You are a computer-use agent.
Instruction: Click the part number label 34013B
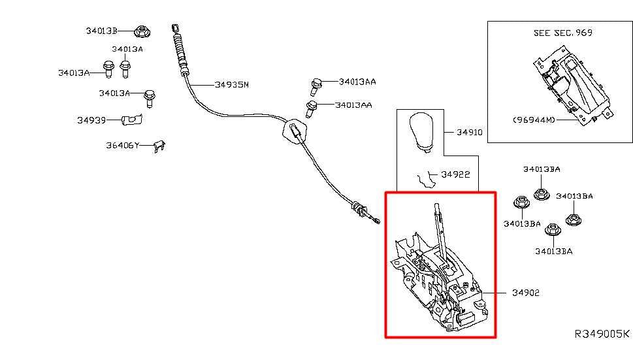tap(101, 31)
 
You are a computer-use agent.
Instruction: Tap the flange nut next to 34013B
tap(142, 31)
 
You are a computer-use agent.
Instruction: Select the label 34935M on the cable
tap(232, 85)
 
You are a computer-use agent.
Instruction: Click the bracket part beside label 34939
tap(131, 120)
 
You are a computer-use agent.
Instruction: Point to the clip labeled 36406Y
tap(159, 146)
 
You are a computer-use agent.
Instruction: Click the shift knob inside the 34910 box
tap(421, 133)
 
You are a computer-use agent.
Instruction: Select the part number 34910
tap(469, 133)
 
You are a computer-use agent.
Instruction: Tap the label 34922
tap(455, 174)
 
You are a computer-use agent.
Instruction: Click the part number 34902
tap(526, 293)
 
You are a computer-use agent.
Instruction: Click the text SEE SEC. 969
tap(562, 33)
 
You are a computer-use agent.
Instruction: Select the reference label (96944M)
tap(534, 120)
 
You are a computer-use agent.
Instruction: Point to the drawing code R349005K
tap(602, 334)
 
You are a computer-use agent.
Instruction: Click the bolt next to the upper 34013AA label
tap(316, 86)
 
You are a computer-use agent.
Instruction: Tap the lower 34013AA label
tap(353, 105)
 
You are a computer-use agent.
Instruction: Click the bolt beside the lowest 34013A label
tap(150, 98)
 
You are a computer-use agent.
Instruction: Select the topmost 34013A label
tap(127, 49)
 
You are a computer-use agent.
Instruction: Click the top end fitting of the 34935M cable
tap(175, 28)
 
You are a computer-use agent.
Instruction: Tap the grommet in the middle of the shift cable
tap(295, 131)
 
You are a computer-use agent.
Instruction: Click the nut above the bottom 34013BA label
tap(553, 231)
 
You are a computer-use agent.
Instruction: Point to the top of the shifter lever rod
tap(437, 205)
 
